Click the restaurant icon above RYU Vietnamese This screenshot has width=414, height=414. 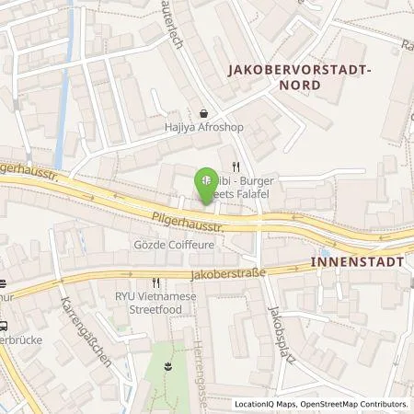(x=155, y=283)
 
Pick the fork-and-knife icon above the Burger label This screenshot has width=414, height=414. (x=236, y=167)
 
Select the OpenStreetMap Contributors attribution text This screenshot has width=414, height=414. (x=359, y=404)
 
